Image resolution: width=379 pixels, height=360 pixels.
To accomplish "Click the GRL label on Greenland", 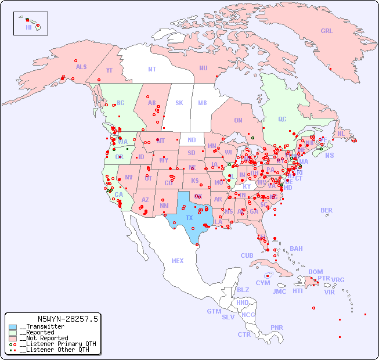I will click(327, 31).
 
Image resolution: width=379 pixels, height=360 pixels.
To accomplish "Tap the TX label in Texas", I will click(189, 218).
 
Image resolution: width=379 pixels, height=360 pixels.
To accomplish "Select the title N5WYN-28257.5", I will click(67, 319).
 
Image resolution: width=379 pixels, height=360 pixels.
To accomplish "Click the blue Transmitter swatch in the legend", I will click(13, 327).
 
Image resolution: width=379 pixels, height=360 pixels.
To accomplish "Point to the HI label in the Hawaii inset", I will click(29, 27).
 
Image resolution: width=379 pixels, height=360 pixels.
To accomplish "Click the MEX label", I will click(178, 261).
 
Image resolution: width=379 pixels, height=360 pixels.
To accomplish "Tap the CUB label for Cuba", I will click(247, 255).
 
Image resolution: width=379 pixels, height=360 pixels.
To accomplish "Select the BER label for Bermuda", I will click(326, 210).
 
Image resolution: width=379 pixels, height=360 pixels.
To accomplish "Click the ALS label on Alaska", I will click(81, 67).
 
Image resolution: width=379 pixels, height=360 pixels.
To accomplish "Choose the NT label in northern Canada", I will click(152, 69).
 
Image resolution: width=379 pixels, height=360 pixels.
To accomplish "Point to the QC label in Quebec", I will click(282, 119).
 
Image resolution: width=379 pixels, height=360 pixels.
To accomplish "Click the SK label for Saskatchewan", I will click(179, 103).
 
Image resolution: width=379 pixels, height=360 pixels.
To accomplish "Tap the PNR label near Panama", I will click(277, 327).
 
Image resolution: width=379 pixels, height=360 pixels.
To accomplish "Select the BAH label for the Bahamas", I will click(296, 249).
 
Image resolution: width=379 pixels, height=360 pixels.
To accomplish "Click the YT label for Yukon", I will click(109, 70).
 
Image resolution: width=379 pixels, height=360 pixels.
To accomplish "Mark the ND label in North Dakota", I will click(192, 140).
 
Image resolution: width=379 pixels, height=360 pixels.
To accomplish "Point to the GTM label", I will click(214, 311).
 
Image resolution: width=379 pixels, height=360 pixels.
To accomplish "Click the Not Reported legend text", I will click(44, 338).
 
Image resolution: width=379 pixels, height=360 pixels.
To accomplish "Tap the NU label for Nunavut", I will click(203, 68).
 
